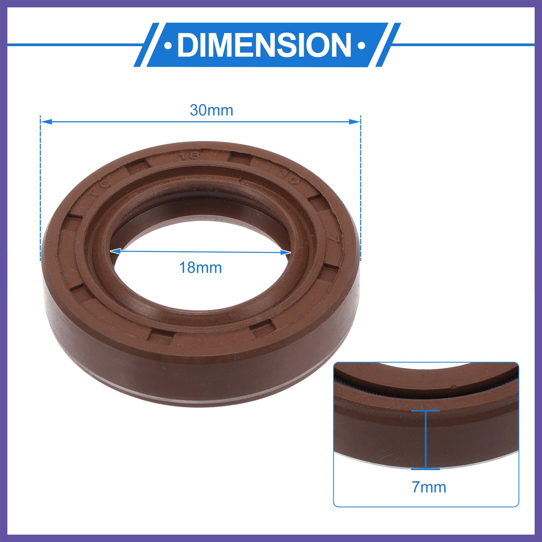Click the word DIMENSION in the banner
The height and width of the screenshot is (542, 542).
(264, 45)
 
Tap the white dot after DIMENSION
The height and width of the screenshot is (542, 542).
(361, 45)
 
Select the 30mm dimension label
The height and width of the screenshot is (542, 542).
(211, 110)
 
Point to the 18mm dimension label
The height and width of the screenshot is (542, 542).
(200, 268)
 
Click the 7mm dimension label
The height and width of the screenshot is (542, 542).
(429, 487)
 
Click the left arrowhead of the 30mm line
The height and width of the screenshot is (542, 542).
(46, 121)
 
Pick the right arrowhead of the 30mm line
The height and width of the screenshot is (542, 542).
(355, 121)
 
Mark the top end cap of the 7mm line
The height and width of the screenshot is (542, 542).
(425, 411)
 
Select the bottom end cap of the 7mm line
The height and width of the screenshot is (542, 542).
(425, 469)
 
